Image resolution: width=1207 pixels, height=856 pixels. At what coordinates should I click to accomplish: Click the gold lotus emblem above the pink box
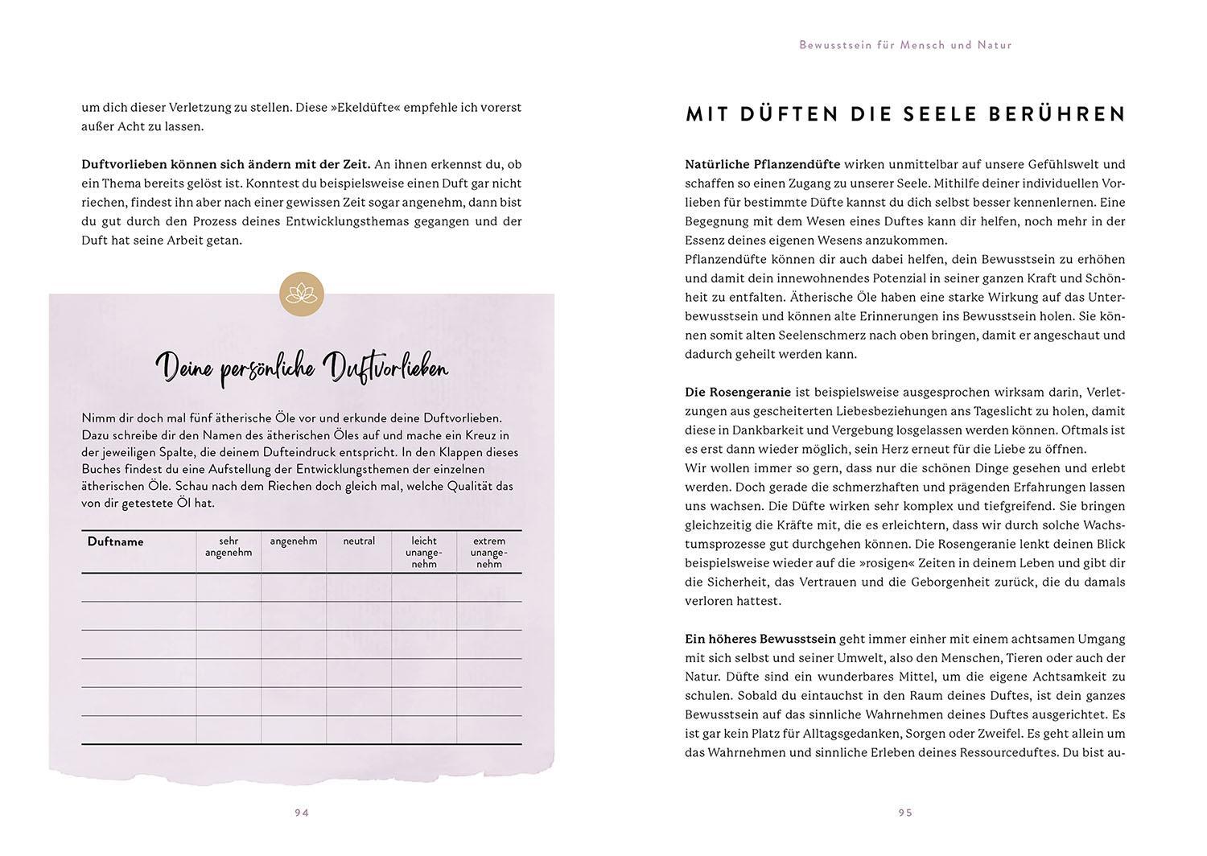pos(302,294)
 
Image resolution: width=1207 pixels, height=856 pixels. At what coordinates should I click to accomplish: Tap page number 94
pos(302,813)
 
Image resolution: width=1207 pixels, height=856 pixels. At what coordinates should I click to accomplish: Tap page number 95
pos(905,813)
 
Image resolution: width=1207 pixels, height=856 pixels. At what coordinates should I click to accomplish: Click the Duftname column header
pos(116,541)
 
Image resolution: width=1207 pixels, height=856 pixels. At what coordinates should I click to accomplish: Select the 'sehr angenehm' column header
pos(229,546)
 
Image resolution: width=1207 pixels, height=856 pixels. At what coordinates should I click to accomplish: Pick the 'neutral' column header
pos(359,541)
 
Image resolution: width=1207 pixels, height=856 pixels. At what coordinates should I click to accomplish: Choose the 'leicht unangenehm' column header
pos(424,552)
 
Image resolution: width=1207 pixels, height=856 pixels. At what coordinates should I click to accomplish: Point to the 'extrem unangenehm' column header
pos(489,552)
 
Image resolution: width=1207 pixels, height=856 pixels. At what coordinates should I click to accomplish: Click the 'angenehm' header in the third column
pos(294,541)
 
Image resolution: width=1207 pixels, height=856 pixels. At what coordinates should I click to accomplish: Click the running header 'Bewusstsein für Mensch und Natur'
pos(905,45)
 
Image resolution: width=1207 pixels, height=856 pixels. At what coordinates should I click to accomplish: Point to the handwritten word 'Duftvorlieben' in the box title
pos(385,368)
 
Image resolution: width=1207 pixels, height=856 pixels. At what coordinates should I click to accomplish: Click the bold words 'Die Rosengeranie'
pos(738,392)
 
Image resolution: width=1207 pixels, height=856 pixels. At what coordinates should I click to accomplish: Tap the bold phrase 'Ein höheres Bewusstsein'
pos(760,639)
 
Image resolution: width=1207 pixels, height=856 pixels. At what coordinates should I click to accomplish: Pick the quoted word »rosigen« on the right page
pos(884,563)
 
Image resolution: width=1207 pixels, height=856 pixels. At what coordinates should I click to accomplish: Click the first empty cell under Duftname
pos(138,587)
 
